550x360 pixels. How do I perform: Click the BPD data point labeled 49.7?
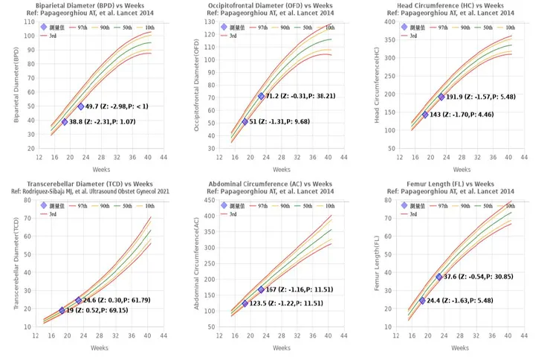(80, 106)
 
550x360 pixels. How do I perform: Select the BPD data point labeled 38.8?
(65, 122)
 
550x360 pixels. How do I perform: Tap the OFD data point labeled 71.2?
(261, 96)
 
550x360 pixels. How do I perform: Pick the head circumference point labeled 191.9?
(441, 97)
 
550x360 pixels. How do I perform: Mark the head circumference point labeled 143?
(425, 115)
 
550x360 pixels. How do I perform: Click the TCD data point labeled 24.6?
(78, 300)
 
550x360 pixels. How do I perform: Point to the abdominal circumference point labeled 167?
(261, 289)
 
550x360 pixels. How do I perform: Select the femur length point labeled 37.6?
(439, 277)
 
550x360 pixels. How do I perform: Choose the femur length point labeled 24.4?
(422, 300)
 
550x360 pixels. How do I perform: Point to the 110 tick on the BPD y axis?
(29, 22)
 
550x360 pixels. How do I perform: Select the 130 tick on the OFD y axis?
(210, 22)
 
